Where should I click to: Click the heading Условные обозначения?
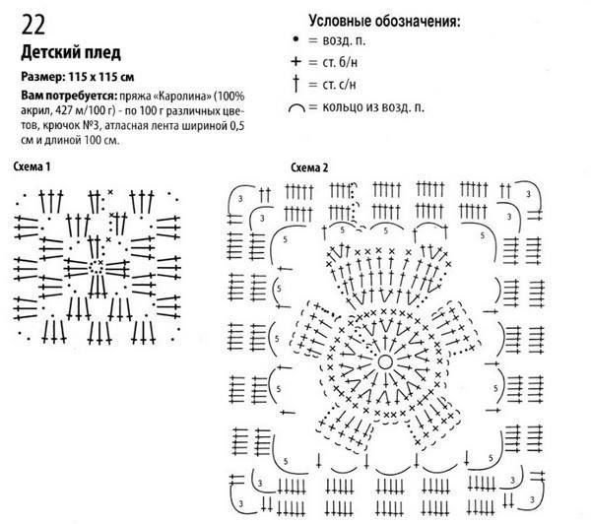[x=385, y=21]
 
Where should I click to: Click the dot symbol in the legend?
[x=295, y=42]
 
